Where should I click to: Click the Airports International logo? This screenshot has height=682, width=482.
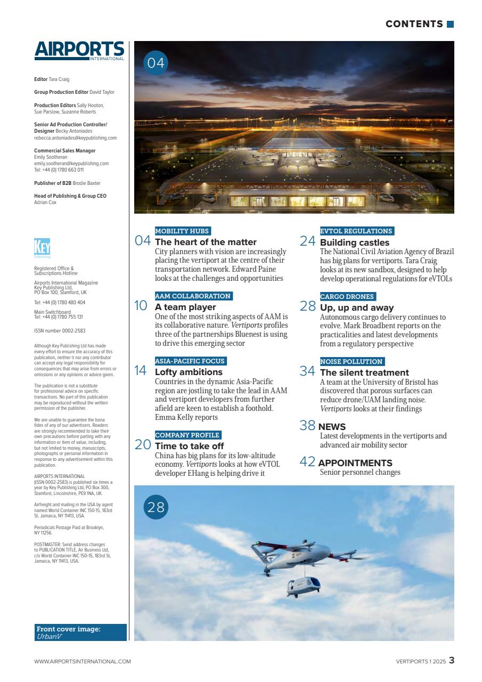pos(79,51)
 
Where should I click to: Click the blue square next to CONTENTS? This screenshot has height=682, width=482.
pos(451,24)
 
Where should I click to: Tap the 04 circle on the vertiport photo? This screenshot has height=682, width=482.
pos(156,63)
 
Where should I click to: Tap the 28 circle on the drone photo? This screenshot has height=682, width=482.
pos(156,507)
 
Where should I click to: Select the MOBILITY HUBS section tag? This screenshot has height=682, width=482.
pos(182,231)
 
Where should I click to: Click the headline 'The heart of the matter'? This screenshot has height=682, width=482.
pos(206,242)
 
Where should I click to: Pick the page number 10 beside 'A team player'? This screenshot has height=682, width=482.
pos(141,306)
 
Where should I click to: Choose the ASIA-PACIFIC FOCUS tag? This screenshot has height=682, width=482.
pos(190,361)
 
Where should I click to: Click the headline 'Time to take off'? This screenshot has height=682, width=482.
pos(189,446)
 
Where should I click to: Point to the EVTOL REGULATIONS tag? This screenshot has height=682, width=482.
pos(356,231)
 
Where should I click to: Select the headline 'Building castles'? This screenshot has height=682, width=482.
pos(355,242)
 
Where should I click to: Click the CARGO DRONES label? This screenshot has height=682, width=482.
pos(347,296)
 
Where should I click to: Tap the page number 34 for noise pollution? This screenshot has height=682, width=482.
pos(308,371)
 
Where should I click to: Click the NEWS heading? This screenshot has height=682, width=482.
pos(332,426)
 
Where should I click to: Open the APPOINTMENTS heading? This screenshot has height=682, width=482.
pos(355,462)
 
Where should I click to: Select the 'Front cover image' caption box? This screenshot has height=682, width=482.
pos(80,632)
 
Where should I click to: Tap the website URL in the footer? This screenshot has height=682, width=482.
pos(82,661)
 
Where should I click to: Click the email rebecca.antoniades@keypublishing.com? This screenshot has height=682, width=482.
pos(75,137)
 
